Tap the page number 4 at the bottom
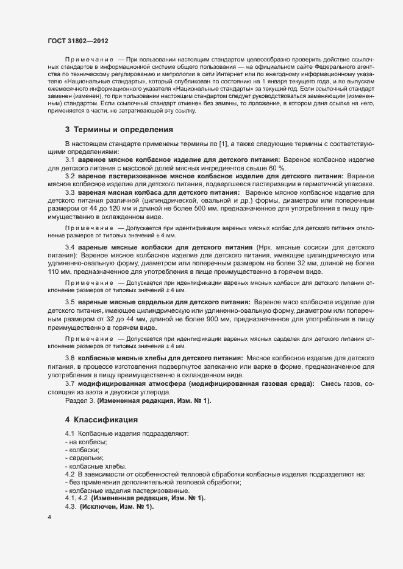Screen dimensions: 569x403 point(49,518)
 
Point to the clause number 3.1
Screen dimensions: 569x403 point(70,176)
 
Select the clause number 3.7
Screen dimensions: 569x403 point(70,385)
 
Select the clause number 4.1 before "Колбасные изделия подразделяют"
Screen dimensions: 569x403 point(69,433)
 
